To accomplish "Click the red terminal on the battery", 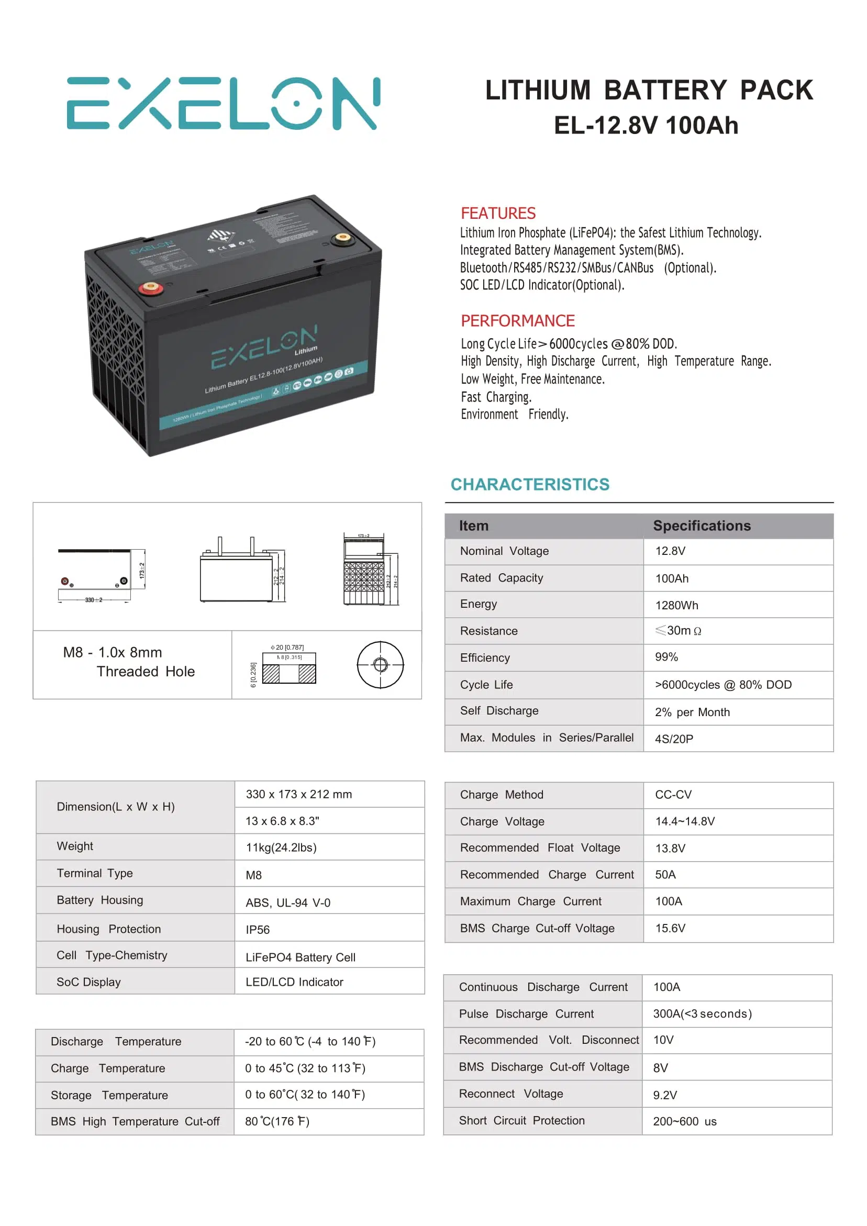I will click(151, 288).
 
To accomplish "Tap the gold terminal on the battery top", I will click(341, 238).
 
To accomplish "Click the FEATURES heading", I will click(498, 213).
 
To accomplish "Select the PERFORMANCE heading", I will click(517, 320).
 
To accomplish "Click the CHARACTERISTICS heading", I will click(529, 484).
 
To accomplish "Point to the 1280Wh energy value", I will click(676, 605).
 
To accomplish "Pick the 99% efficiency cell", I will click(666, 657).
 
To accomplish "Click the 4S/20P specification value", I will click(674, 739).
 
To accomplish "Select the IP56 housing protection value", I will click(258, 930).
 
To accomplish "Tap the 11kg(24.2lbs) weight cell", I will click(281, 848).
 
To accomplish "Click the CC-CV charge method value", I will click(673, 795).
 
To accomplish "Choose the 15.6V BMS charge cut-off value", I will click(670, 928).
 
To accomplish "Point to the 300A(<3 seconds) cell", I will click(702, 1013).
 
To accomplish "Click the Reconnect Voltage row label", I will click(510, 1094).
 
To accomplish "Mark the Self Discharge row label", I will click(499, 711).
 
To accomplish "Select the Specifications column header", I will click(702, 526).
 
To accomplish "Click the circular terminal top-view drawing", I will click(380, 664).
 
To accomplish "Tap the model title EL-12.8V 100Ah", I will click(646, 126).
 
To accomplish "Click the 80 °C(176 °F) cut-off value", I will click(277, 1121).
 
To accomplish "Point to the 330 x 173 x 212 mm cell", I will click(298, 794).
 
